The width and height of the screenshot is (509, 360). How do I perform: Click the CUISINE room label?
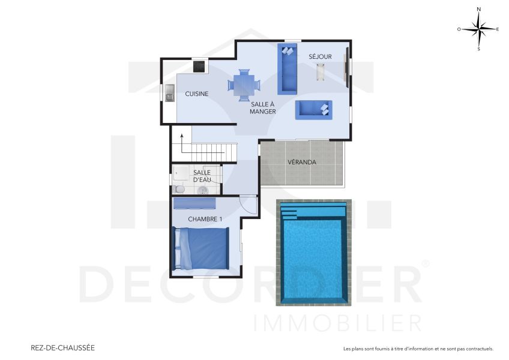196,94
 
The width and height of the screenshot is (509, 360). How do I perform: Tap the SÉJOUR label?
320,56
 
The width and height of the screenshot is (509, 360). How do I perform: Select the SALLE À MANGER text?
263,108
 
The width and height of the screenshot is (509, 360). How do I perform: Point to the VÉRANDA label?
301,162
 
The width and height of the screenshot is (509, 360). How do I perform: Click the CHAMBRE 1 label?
205,219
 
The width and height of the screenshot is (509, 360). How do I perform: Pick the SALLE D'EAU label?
201,176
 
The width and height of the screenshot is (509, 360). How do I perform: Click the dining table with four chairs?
244,85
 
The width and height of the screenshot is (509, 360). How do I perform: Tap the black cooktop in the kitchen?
199,65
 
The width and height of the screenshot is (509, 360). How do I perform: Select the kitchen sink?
170,93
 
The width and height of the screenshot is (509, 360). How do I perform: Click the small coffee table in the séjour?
321,72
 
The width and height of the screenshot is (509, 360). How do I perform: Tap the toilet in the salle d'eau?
178,189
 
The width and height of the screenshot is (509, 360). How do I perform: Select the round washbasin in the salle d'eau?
203,191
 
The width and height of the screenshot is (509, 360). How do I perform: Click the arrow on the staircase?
182,138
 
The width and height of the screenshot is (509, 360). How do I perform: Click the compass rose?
478,28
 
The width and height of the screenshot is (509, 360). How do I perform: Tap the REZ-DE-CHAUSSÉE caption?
62,347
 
